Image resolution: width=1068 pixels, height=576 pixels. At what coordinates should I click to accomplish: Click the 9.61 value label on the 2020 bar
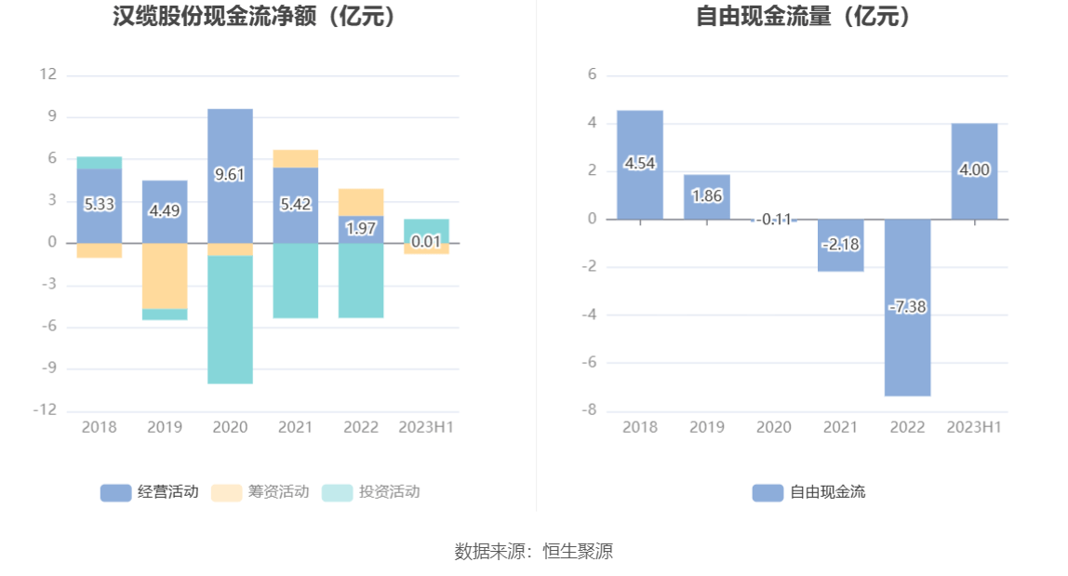(230, 174)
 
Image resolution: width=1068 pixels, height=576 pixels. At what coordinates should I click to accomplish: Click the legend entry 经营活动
(149, 492)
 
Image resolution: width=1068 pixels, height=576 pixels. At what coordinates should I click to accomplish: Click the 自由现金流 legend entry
(808, 492)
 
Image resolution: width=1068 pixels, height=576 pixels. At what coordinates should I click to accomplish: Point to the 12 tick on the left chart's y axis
(47, 74)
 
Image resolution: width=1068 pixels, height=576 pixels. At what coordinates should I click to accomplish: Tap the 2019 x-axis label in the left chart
(165, 427)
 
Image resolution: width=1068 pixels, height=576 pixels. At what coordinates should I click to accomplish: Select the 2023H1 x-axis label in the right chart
(974, 427)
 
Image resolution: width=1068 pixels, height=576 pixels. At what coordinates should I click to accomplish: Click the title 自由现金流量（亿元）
(805, 16)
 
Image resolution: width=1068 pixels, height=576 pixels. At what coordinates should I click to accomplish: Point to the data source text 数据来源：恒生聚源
(534, 551)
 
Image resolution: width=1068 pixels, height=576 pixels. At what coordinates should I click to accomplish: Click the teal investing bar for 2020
(230, 319)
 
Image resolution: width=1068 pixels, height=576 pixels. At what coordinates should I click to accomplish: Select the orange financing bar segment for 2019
(165, 275)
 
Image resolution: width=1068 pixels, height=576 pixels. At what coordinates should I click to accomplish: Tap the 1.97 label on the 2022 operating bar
(361, 228)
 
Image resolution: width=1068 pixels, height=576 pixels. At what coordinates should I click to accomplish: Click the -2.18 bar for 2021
(840, 245)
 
